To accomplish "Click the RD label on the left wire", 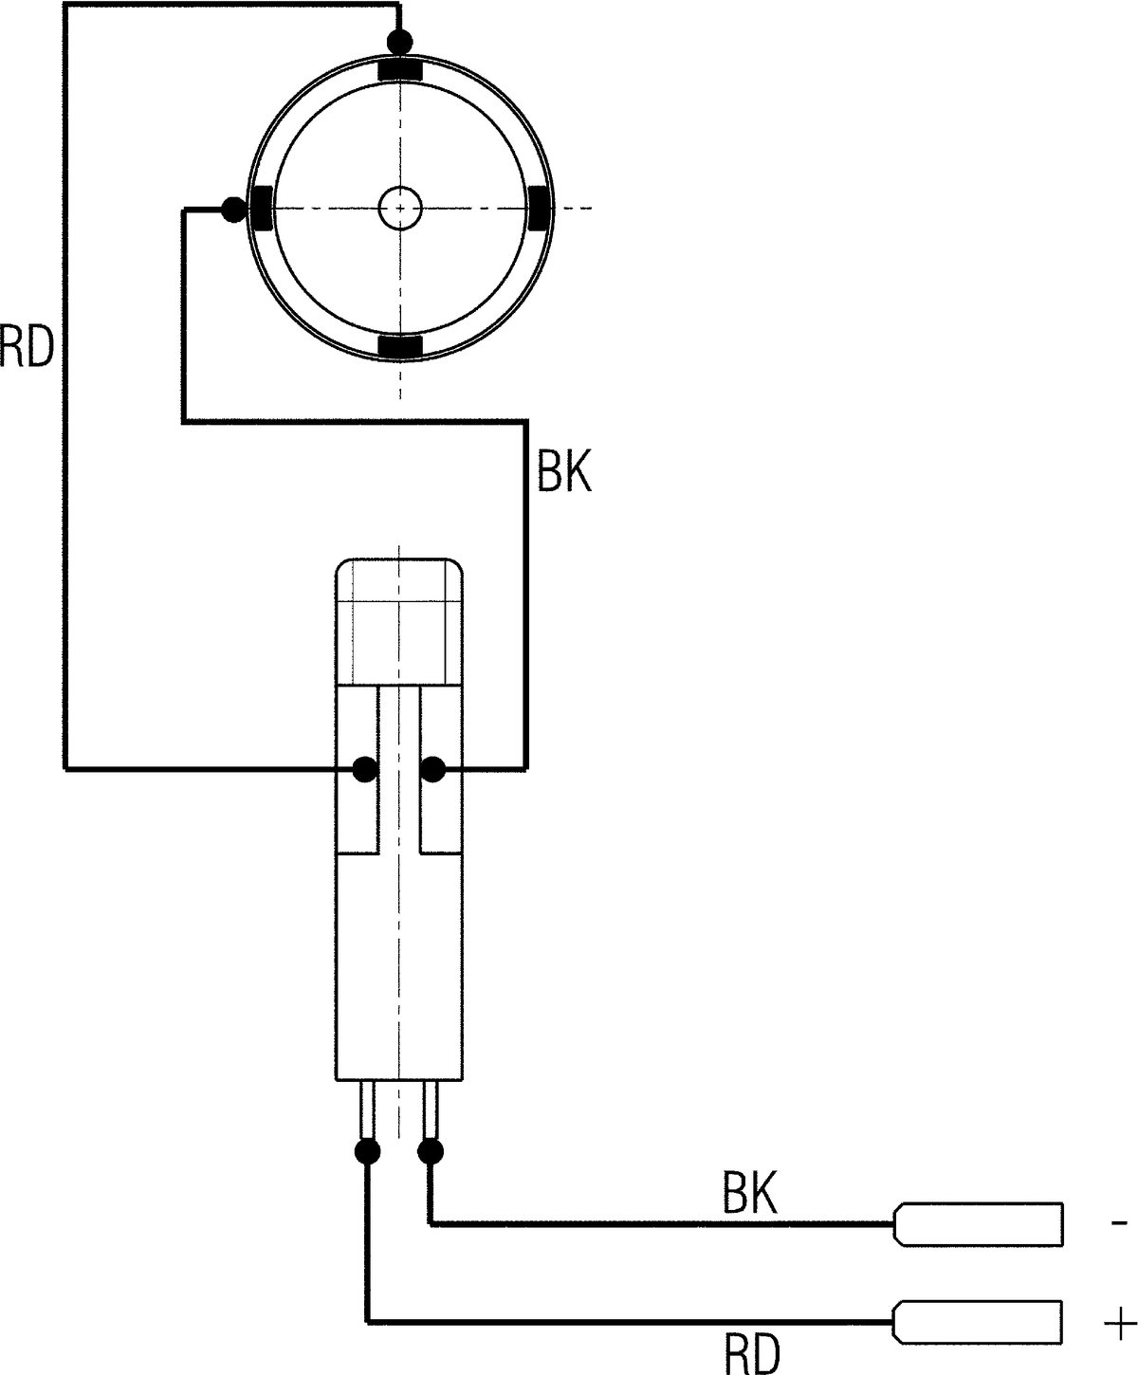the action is (x=27, y=348).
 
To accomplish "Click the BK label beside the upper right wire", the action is (x=564, y=471).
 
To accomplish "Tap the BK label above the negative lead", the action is (x=750, y=1192).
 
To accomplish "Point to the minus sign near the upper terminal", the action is (x=1119, y=1223).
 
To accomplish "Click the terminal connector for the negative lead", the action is (x=978, y=1224).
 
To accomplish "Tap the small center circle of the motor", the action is (x=400, y=208).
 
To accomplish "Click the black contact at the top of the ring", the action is (x=400, y=69).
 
